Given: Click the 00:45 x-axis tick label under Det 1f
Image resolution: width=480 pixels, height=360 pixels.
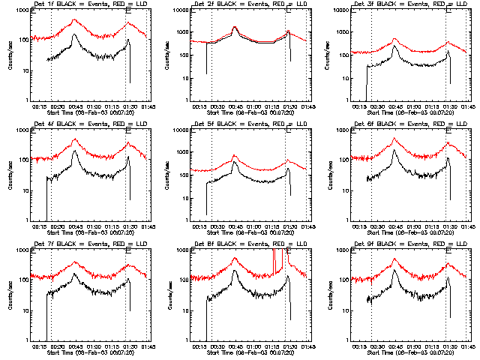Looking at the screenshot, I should pyautogui.click(x=75, y=105).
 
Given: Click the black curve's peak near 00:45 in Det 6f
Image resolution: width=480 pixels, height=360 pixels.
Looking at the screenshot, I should pyautogui.click(x=394, y=151).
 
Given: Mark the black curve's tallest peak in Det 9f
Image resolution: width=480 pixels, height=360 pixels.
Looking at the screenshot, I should pyautogui.click(x=394, y=271).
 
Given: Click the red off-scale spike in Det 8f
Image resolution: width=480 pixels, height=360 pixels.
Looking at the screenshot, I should pyautogui.click(x=278, y=255).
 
